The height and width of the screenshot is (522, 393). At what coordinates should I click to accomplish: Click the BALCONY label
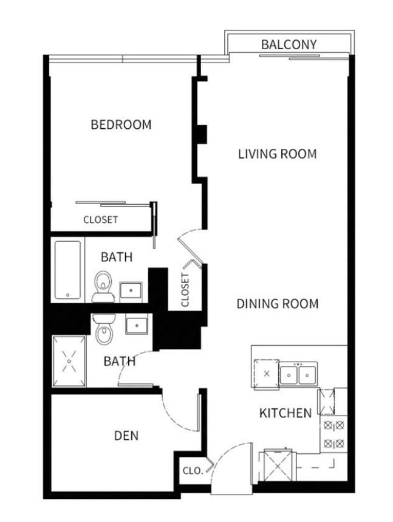click(x=289, y=44)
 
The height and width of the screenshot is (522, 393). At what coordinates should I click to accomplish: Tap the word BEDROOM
click(x=121, y=125)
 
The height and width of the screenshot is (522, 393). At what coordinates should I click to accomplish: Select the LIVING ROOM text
click(x=277, y=154)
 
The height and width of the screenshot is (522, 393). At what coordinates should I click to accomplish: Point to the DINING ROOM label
click(x=277, y=303)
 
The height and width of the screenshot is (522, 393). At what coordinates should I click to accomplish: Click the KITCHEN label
click(x=285, y=413)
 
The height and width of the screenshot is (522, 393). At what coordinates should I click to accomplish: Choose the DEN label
click(x=126, y=436)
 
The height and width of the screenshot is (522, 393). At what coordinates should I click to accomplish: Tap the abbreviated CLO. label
click(x=193, y=471)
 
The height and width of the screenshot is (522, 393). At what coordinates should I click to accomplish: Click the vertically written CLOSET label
click(x=185, y=290)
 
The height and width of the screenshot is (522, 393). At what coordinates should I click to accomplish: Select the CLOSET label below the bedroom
click(x=100, y=219)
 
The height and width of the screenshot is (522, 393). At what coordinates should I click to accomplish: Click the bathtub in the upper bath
click(x=67, y=270)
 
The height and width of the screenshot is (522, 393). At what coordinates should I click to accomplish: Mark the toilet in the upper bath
click(x=103, y=287)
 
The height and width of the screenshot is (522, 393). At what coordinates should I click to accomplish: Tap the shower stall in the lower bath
click(x=69, y=361)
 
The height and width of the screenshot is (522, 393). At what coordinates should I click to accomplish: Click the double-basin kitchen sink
click(x=298, y=374)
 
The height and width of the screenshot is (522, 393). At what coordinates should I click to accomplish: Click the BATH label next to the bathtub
click(x=117, y=257)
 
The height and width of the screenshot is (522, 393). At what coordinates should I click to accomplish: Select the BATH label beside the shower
click(x=119, y=362)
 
